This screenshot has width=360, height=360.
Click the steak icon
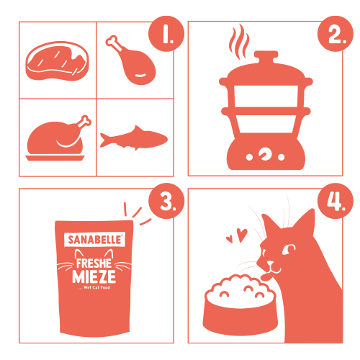(x=57, y=60)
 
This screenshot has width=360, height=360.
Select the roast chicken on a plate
(x=58, y=138)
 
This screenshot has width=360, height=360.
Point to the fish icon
(x=134, y=138)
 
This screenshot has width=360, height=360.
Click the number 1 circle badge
(x=166, y=34)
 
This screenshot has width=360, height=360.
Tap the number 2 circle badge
(x=336, y=34)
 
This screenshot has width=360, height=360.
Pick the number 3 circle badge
(x=166, y=201)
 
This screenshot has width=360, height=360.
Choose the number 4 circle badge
(x=336, y=201)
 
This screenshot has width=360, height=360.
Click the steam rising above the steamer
(x=239, y=41)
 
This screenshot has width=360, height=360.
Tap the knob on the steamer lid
(x=266, y=55)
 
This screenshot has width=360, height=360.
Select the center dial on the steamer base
(x=265, y=153)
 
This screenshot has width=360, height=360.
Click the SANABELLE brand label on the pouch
(x=95, y=240)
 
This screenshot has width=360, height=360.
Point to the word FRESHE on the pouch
(x=94, y=264)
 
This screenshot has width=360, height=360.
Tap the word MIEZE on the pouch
(x=94, y=276)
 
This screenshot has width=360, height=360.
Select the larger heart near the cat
(x=242, y=235)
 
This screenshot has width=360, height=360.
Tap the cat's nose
(x=270, y=263)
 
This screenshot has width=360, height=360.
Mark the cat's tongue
(x=266, y=277)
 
